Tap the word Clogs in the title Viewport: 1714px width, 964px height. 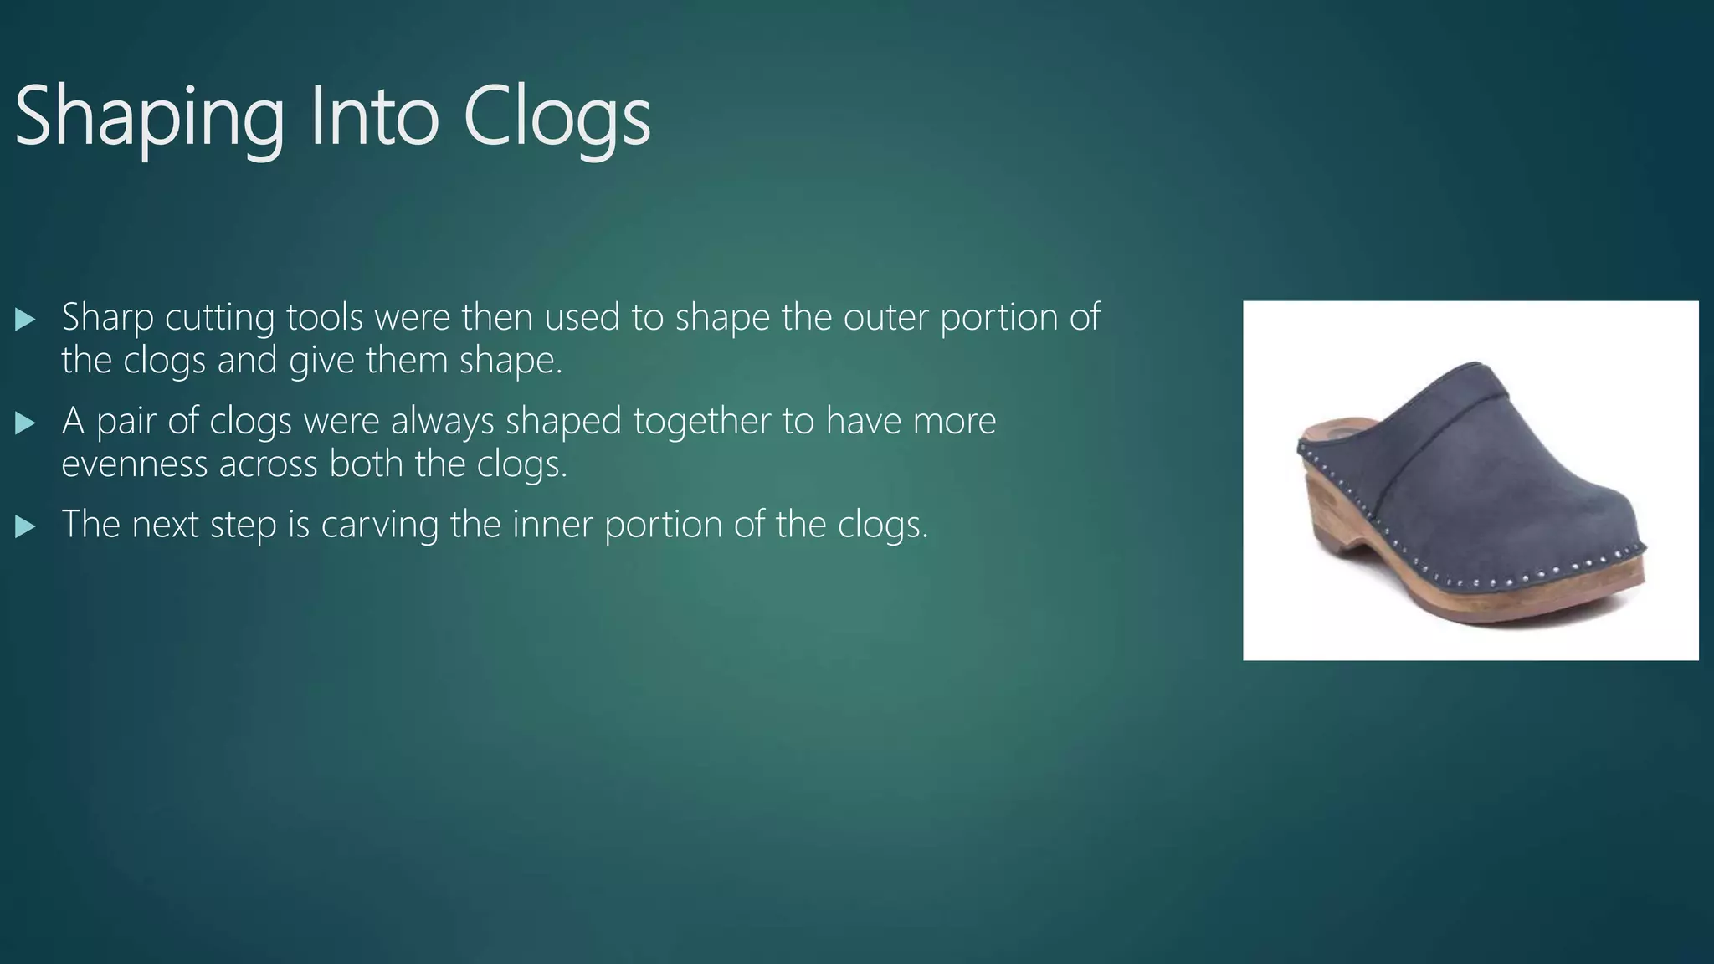(557, 117)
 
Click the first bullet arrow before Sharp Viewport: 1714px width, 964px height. (25, 319)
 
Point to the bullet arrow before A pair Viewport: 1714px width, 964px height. (25, 423)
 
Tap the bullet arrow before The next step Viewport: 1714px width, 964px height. (25, 526)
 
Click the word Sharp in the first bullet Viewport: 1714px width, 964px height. (108, 318)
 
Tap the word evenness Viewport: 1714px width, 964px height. (134, 464)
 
